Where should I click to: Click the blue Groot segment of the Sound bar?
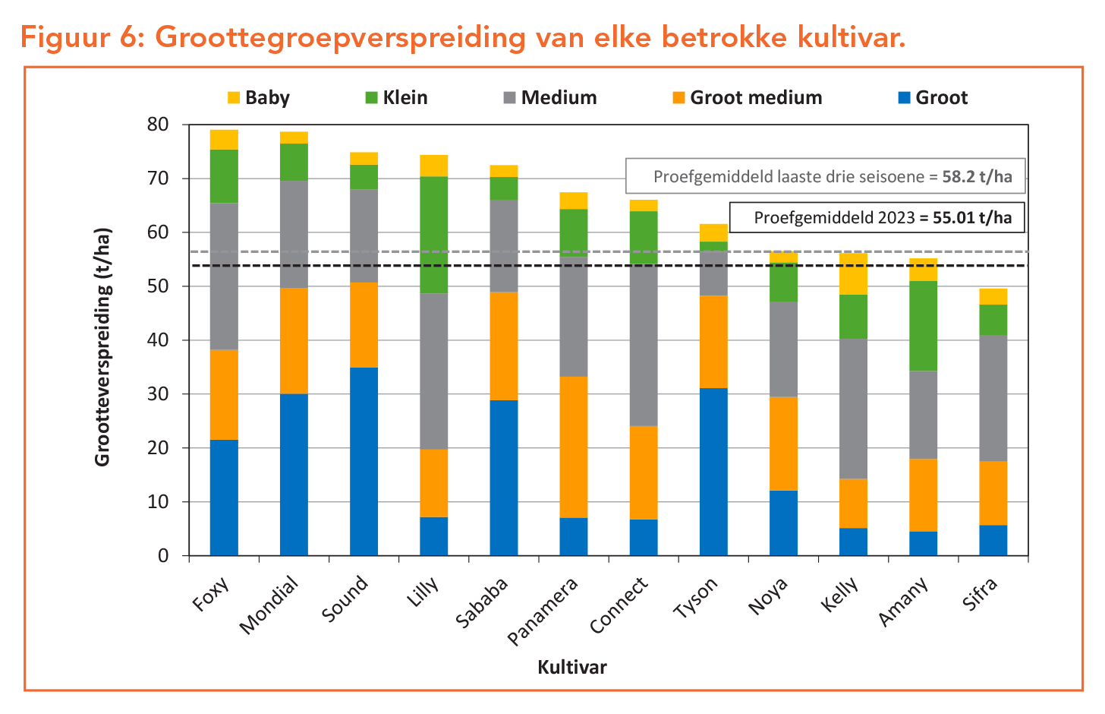(364, 461)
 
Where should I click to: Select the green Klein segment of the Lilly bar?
(433, 235)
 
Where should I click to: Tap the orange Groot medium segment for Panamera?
(574, 447)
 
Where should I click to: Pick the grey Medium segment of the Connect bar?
(644, 345)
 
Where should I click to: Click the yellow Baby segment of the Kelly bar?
(853, 273)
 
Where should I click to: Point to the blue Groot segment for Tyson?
(713, 472)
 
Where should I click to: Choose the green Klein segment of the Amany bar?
(923, 326)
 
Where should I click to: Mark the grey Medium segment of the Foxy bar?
(224, 276)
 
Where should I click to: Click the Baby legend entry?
(259, 98)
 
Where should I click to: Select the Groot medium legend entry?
(747, 98)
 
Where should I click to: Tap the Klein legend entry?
(396, 98)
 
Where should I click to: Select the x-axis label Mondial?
(269, 605)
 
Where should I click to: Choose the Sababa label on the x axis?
(482, 602)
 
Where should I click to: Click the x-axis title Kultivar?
(572, 668)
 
